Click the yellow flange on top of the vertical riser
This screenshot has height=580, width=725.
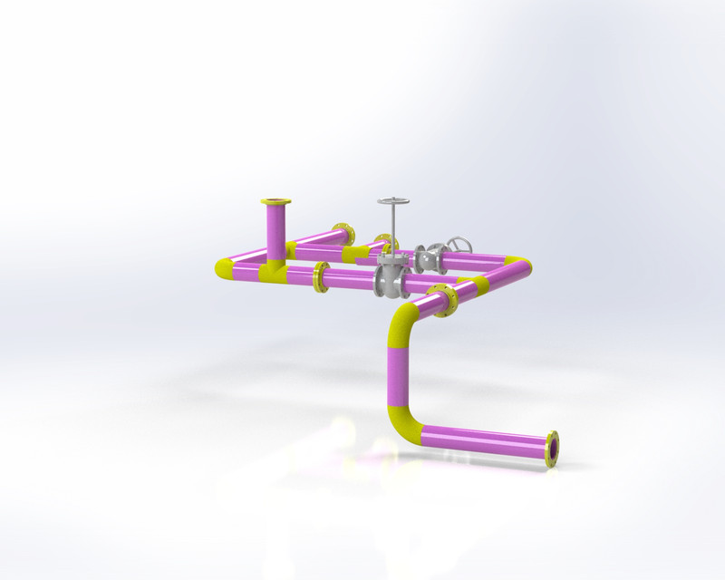click(x=276, y=202)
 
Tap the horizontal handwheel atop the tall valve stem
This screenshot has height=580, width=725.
click(x=393, y=201)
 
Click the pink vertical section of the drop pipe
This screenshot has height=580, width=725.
click(x=394, y=372)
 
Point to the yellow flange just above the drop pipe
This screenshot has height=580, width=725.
click(x=444, y=301)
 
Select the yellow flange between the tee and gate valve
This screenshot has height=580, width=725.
click(x=320, y=277)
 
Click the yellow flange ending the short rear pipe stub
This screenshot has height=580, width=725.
click(x=342, y=233)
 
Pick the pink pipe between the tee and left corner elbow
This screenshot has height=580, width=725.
click(x=246, y=268)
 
